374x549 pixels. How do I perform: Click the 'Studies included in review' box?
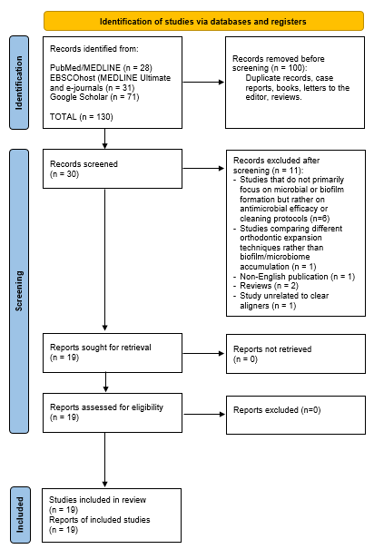point(104,514)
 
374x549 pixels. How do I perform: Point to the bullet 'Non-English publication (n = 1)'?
point(294,275)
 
